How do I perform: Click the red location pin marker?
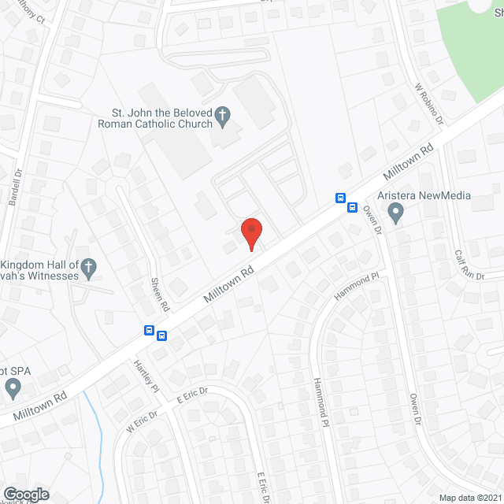point(251,233)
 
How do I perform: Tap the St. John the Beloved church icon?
point(223,116)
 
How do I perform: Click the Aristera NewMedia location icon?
point(396,212)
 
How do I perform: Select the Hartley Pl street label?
point(147,376)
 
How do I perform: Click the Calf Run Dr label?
point(469,264)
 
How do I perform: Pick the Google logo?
point(26,495)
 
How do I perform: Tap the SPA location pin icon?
point(13,387)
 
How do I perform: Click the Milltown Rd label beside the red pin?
point(229,285)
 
